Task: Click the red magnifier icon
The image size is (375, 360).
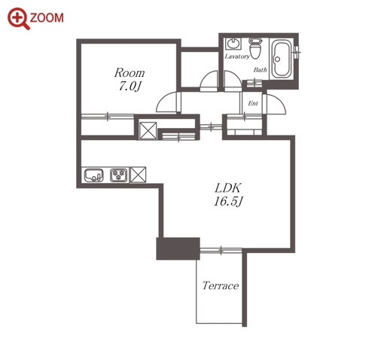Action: pyautogui.click(x=18, y=19)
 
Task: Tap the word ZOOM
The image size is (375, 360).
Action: pyautogui.click(x=47, y=18)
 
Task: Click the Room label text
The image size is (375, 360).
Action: pyautogui.click(x=130, y=73)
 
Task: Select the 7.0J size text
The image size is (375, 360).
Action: pyautogui.click(x=130, y=87)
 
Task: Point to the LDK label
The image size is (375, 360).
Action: pyautogui.click(x=228, y=188)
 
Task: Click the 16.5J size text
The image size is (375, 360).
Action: pyautogui.click(x=228, y=201)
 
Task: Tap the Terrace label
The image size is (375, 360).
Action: pyautogui.click(x=221, y=285)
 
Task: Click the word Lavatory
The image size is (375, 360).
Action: pyautogui.click(x=237, y=56)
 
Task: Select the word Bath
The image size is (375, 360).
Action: pyautogui.click(x=260, y=69)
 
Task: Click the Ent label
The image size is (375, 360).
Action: pyautogui.click(x=253, y=103)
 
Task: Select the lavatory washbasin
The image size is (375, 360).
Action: pyautogui.click(x=233, y=44)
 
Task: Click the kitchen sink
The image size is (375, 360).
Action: pyautogui.click(x=93, y=175)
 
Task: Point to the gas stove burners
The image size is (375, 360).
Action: pyautogui.click(x=118, y=175)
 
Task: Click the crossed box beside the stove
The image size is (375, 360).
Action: pyautogui.click(x=138, y=175)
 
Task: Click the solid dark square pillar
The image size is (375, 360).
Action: pyautogui.click(x=178, y=249)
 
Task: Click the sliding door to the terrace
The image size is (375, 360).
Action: pyautogui.click(x=221, y=250)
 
